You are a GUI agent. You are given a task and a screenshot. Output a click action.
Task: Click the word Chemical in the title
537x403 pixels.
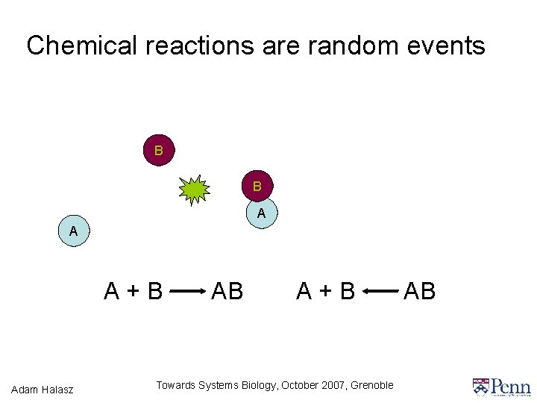[x=82, y=46]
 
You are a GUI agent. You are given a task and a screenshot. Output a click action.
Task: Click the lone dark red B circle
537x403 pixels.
[x=158, y=151]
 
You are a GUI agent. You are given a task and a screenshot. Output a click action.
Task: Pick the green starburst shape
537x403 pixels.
[x=195, y=190]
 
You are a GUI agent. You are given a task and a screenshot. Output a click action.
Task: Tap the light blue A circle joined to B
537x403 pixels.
[x=261, y=213]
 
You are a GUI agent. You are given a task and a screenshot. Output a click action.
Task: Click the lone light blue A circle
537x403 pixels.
[x=73, y=232]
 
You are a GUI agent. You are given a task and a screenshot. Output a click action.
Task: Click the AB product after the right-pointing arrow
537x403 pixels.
[x=227, y=290]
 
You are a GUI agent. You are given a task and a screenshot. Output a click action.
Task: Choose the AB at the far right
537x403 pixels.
[x=419, y=290]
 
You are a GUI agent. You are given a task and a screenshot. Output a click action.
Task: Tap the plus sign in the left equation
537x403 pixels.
[x=134, y=290]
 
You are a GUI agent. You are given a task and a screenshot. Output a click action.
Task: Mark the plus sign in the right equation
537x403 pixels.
[x=326, y=290]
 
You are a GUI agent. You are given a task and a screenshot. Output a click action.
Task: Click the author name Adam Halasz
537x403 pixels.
[x=43, y=388]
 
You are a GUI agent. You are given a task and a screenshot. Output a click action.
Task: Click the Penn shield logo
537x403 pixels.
[x=481, y=387]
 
